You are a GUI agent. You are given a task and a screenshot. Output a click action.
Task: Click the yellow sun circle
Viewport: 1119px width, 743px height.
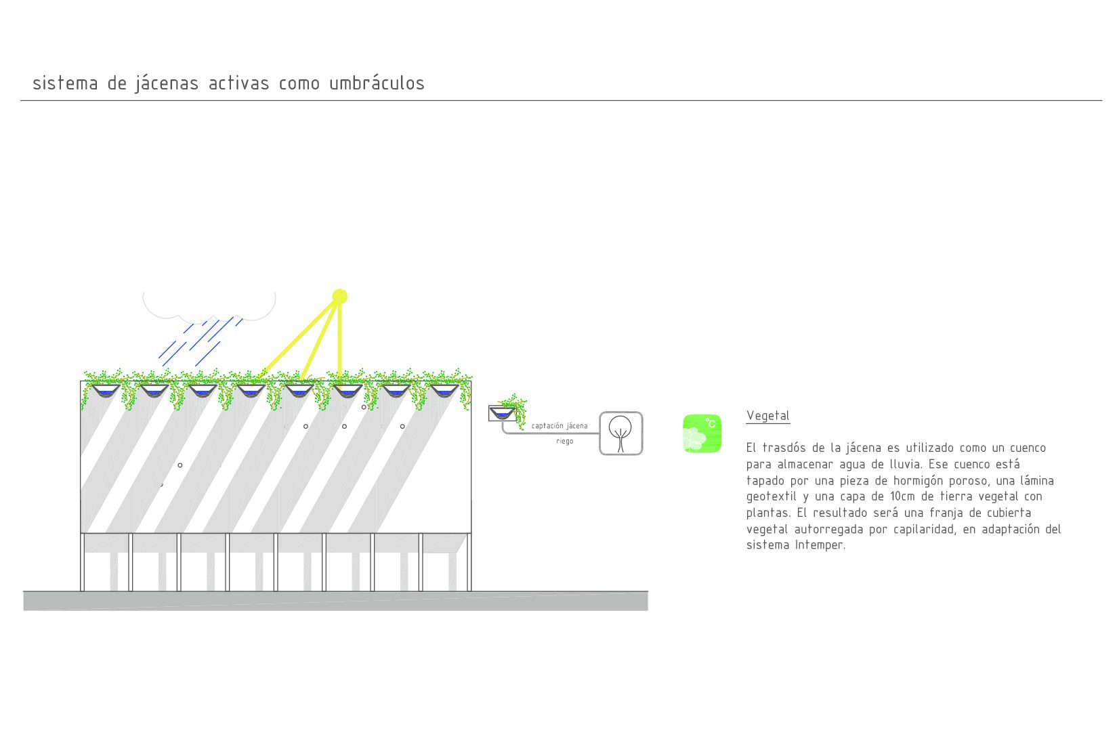point(340,296)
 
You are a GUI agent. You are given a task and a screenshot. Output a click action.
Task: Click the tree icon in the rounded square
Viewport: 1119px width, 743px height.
point(620,433)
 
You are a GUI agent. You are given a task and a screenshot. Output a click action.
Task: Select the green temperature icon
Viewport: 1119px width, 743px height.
point(702,433)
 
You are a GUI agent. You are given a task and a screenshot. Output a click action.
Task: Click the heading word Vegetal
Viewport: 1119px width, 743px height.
point(768,416)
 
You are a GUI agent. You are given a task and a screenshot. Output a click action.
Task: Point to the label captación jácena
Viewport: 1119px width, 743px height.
point(559,426)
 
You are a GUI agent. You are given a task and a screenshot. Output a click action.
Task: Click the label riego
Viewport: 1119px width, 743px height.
point(564,441)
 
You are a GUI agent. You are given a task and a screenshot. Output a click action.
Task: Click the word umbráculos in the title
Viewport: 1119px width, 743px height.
point(377,83)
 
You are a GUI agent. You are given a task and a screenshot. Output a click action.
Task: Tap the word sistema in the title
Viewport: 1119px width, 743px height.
point(66,83)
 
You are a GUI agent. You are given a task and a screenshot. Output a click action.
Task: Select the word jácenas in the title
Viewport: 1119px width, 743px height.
point(167,83)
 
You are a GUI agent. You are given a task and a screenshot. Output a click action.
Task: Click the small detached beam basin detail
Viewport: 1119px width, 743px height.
point(502,413)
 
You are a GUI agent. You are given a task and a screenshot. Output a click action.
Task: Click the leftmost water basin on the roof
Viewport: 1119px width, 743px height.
point(106,391)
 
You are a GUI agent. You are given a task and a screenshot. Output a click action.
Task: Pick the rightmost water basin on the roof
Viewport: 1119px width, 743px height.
point(444,391)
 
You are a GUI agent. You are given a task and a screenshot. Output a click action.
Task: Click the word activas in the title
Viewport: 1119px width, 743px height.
point(239,83)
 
